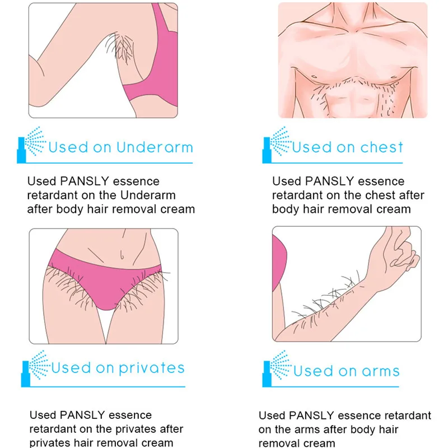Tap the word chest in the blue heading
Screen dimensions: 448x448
(381, 148)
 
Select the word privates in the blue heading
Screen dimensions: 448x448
(151, 368)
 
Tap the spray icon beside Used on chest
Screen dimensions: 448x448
(276, 147)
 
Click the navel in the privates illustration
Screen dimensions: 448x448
(122, 255)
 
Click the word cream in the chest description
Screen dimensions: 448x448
(394, 209)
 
